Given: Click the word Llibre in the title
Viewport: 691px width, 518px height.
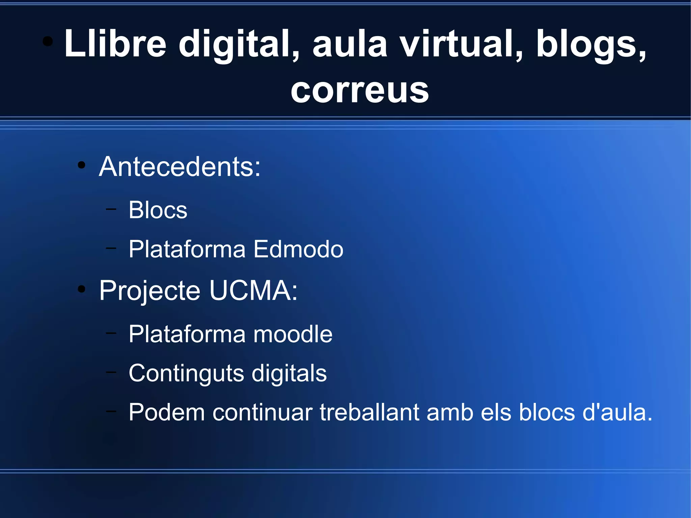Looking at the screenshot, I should [115, 44].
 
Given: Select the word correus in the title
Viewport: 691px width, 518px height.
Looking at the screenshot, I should [360, 90].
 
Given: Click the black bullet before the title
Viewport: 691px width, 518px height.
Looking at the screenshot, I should [48, 42].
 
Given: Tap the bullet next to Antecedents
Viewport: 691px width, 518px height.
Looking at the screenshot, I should [81, 165].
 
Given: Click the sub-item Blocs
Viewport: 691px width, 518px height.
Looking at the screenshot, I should [158, 210].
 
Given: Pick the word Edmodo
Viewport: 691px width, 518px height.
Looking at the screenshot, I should [298, 249].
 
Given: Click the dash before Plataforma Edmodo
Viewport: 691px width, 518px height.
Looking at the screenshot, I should [111, 248].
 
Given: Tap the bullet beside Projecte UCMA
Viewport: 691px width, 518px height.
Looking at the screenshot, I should [81, 289].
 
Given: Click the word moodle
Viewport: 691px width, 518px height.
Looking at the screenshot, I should [293, 334].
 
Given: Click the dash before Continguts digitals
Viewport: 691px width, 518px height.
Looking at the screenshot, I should [111, 373].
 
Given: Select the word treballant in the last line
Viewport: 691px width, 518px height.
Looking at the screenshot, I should [369, 412].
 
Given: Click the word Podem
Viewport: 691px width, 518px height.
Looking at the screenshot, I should [167, 412].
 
